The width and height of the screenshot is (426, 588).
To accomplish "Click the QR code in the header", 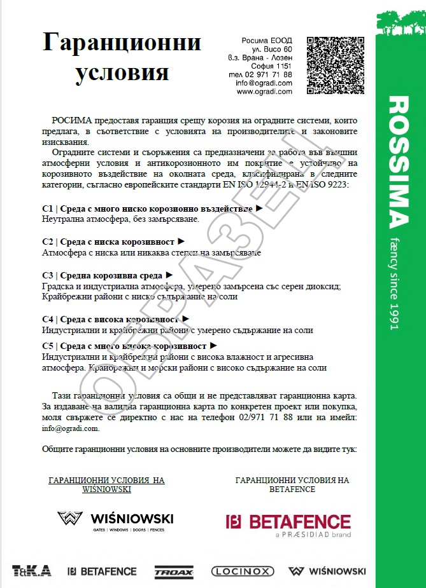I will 336,66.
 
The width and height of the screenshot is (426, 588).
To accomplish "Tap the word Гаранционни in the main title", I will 122,43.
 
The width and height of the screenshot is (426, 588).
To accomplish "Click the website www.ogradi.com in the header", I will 264,92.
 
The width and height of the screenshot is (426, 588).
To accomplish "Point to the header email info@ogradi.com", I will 264,83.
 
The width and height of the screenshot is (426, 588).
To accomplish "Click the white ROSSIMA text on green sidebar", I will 397,161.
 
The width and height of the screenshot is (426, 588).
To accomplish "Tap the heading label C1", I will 47,209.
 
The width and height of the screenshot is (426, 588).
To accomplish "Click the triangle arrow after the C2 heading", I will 181,242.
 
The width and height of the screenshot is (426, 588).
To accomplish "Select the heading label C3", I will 47,275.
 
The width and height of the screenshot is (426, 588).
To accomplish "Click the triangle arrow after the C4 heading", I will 185,318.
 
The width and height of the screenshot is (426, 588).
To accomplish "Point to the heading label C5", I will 47,346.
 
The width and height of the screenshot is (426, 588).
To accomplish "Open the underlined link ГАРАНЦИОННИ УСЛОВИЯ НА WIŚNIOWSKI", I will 106,485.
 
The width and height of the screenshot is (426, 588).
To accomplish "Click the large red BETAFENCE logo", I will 288,523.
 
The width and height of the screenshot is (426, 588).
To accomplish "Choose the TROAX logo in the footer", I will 173,571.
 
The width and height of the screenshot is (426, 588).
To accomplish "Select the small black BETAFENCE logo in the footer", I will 102,571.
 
